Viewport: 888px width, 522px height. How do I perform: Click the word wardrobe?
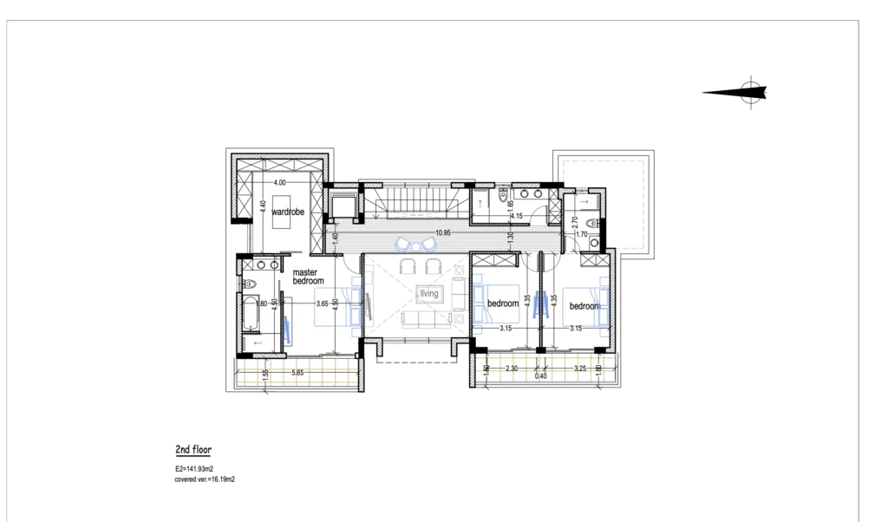tap(285, 212)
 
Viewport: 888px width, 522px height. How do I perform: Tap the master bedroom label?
tap(308, 277)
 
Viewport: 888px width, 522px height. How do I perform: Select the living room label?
tap(429, 294)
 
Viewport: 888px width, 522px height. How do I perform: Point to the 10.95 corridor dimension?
tap(443, 233)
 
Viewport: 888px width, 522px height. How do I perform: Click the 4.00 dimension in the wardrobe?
tap(279, 184)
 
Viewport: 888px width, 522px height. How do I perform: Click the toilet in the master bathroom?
tap(251, 284)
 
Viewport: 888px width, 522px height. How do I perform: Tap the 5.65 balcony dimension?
tap(297, 373)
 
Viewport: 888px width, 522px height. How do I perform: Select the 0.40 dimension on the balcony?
tap(541, 375)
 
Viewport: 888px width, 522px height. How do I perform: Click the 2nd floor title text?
tap(193, 450)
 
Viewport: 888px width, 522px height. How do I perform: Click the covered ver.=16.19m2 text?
tap(205, 478)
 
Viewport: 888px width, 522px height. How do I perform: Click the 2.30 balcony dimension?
tap(512, 369)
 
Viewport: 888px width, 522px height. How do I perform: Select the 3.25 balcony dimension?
tap(581, 369)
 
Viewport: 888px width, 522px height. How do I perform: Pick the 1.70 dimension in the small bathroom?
tap(582, 234)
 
